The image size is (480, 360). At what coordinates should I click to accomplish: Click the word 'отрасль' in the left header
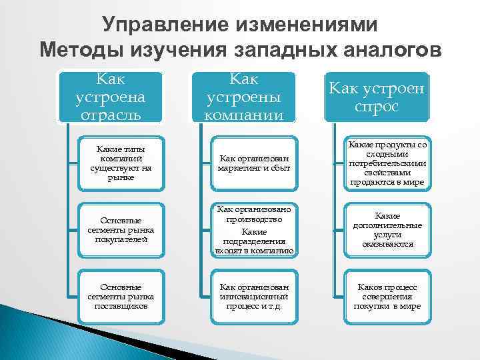[x=110, y=115]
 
